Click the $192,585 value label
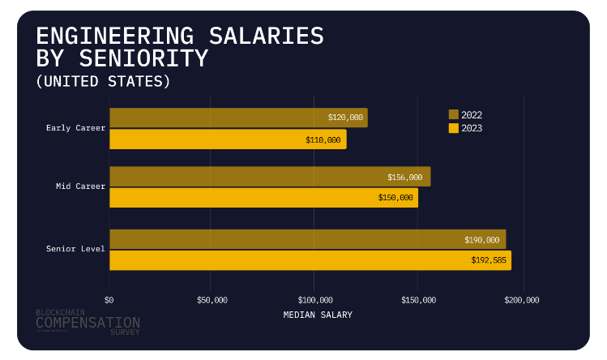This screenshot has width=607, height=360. click(488, 260)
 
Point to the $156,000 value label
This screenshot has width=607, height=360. click(405, 177)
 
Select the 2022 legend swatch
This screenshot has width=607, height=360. click(453, 115)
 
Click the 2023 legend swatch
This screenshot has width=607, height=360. click(453, 128)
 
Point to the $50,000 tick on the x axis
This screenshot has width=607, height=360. click(212, 300)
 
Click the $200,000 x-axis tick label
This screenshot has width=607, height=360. click(522, 300)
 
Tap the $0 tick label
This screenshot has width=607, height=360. click(110, 300)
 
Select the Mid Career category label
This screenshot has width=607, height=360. click(80, 186)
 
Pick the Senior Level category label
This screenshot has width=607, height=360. click(76, 248)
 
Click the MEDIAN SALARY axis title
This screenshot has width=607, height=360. click(318, 315)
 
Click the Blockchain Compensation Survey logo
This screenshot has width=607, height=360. click(88, 322)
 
